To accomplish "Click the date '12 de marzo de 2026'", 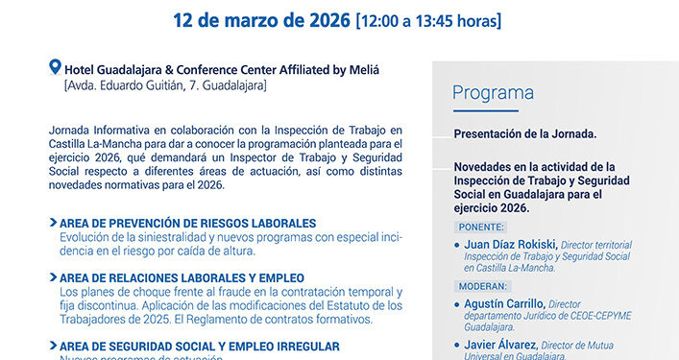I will pos(260,20).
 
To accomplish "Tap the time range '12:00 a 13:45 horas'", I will pos(428,21).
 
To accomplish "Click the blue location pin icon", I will pos(54,68).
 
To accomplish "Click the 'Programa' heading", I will pos(493,93).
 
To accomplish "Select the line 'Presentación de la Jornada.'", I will pos(525,134).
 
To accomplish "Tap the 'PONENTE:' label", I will pos(477,228).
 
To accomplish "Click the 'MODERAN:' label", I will pos(479,286).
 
